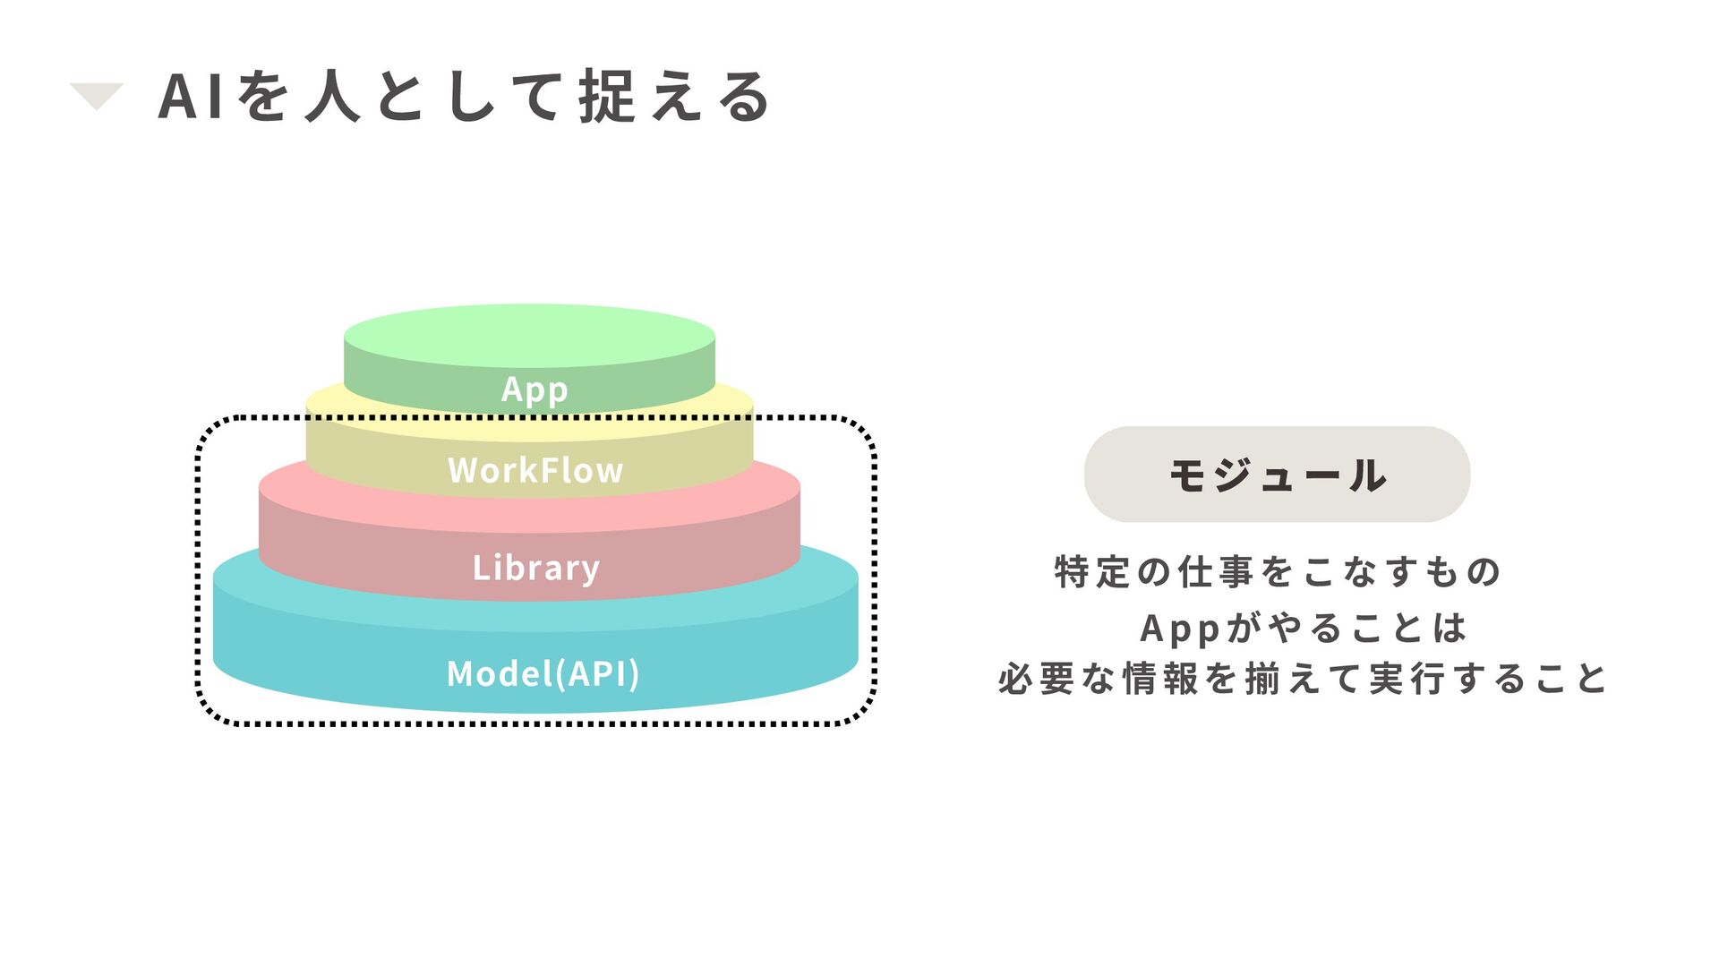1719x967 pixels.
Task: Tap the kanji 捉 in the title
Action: (x=607, y=97)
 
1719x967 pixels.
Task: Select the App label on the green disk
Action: (x=535, y=389)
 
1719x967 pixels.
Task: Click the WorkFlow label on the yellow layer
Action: (x=535, y=470)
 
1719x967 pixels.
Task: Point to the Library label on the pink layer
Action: (x=535, y=568)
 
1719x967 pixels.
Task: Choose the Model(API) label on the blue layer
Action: (x=543, y=673)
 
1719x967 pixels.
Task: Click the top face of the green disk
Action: (x=529, y=335)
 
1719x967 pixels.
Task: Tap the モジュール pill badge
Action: (x=1277, y=475)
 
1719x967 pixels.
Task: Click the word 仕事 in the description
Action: (x=1215, y=571)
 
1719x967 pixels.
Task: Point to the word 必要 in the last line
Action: (x=1036, y=679)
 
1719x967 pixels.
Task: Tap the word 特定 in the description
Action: (x=1092, y=571)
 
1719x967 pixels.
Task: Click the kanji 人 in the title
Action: (x=333, y=97)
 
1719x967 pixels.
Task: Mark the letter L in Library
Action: (x=481, y=567)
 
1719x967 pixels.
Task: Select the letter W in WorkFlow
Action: (x=465, y=470)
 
